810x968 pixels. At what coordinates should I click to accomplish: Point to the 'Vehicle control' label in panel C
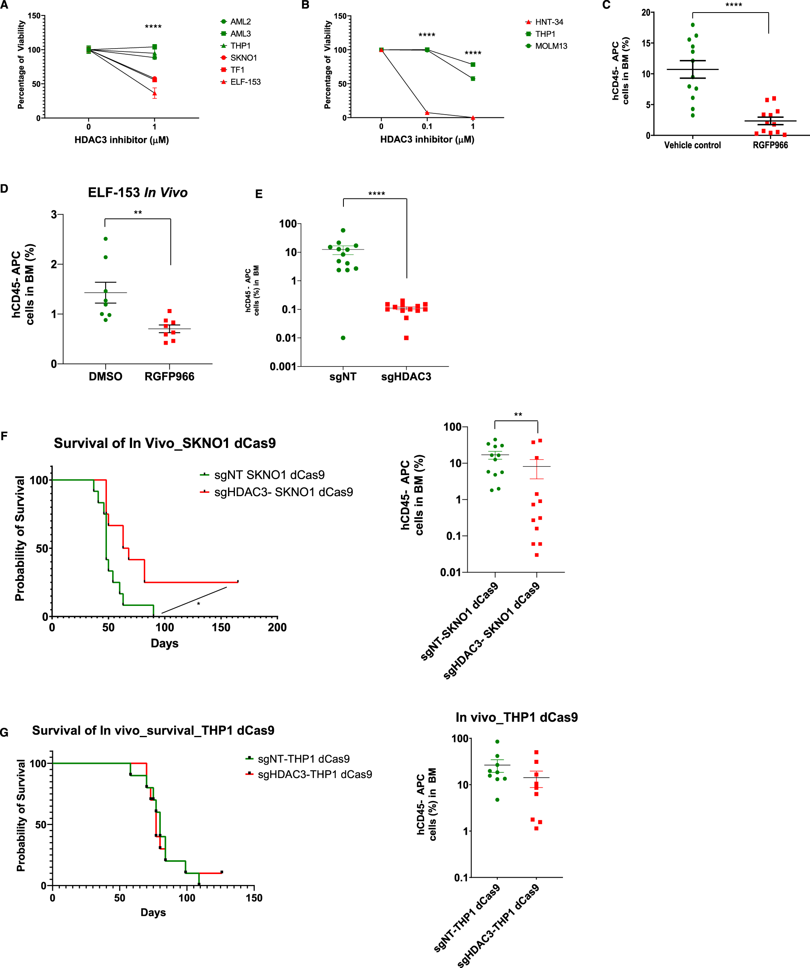point(692,145)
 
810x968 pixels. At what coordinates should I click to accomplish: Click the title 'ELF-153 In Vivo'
point(137,193)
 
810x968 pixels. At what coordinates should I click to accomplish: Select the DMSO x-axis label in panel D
point(106,377)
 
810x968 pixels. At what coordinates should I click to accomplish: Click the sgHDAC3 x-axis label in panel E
point(406,377)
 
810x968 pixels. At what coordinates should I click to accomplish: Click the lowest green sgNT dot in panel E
point(343,338)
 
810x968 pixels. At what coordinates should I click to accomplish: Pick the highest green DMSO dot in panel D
point(106,239)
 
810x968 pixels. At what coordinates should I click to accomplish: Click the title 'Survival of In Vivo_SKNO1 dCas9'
point(164,443)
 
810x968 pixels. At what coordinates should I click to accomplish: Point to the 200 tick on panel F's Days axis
point(277,627)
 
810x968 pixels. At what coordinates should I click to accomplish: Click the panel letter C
point(606,5)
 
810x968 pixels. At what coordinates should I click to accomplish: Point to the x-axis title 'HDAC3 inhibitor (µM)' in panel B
point(427,139)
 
